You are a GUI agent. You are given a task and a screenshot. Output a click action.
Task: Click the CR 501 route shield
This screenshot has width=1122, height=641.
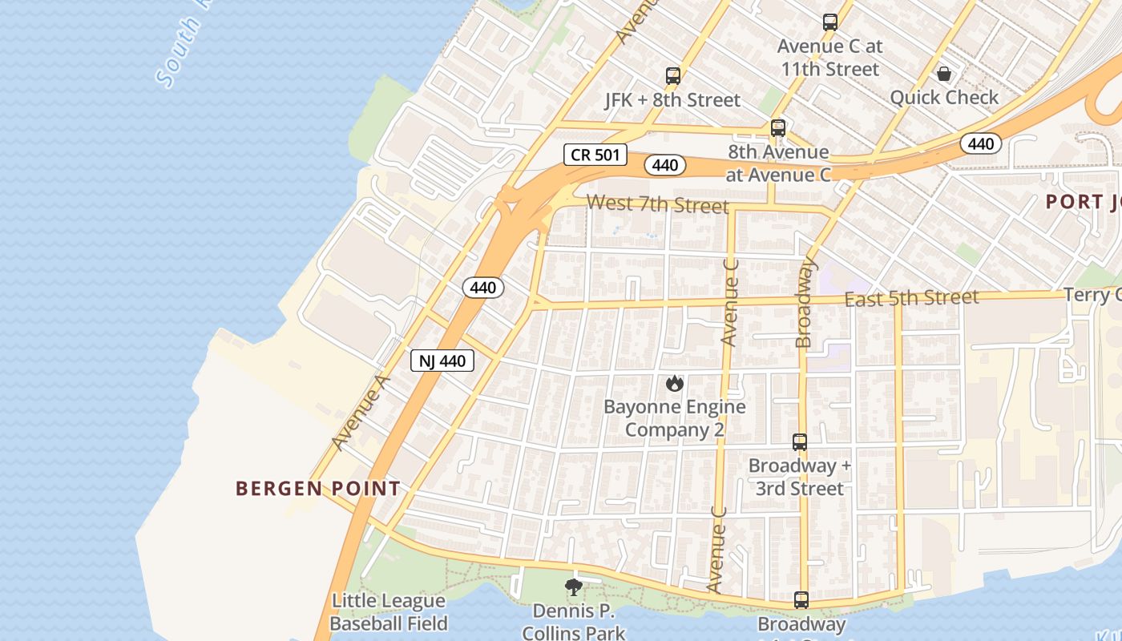tap(595, 155)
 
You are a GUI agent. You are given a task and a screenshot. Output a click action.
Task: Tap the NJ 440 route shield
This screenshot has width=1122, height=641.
tap(442, 361)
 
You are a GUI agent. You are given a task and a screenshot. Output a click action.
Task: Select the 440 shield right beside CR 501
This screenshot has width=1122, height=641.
tap(664, 165)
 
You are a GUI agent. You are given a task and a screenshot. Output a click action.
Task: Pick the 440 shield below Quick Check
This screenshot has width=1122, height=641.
tap(980, 144)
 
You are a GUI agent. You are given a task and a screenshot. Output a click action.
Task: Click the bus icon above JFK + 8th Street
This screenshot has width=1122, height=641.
tap(673, 76)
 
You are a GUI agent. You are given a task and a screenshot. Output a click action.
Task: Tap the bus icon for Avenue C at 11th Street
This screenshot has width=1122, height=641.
tap(830, 22)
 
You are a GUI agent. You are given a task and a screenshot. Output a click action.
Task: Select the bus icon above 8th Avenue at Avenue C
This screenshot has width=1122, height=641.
tap(777, 127)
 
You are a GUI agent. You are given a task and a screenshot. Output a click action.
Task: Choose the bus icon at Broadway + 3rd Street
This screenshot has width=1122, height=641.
tap(800, 441)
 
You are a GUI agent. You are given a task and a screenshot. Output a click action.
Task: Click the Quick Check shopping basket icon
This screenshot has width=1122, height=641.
tap(945, 74)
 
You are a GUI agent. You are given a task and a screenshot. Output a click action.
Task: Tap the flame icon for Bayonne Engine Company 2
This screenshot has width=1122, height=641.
tap(674, 384)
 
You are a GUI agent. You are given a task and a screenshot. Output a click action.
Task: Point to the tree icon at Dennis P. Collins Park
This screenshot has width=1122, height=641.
tap(573, 587)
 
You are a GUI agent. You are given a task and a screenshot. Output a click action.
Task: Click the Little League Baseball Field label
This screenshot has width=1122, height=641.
tap(389, 612)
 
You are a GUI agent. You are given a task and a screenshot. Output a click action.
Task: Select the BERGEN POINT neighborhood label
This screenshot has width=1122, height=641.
tap(318, 488)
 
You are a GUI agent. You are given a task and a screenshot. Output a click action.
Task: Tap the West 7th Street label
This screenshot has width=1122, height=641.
tap(657, 204)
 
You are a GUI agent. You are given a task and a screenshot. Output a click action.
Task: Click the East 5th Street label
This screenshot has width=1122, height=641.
tap(911, 298)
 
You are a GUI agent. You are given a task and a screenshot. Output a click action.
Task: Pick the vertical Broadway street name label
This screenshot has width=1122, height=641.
tap(805, 302)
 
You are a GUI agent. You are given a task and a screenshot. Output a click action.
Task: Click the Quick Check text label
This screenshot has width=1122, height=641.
tap(944, 98)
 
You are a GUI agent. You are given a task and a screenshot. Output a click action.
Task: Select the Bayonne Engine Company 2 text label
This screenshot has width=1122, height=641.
tap(674, 418)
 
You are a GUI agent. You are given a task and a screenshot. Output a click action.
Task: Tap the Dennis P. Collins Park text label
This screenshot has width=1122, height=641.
tap(573, 622)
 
